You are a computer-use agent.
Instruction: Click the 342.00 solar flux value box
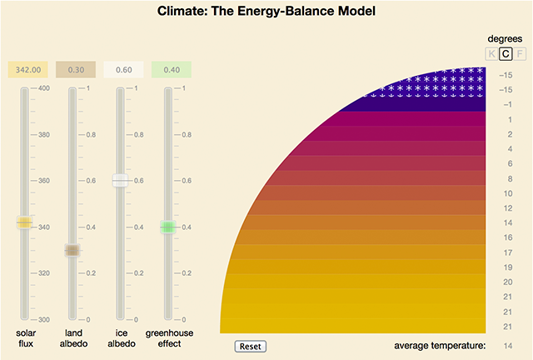point(24,71)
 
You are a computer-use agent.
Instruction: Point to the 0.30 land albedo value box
point(72,71)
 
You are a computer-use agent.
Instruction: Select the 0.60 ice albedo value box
point(122,71)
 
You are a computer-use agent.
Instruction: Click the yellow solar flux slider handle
point(24,222)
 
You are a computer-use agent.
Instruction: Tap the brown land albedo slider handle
point(72,250)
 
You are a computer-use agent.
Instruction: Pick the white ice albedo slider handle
point(122,180)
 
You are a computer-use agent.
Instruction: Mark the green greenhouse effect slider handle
point(169,227)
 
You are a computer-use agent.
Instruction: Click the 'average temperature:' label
point(439,345)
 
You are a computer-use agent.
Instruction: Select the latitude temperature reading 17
point(507,252)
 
